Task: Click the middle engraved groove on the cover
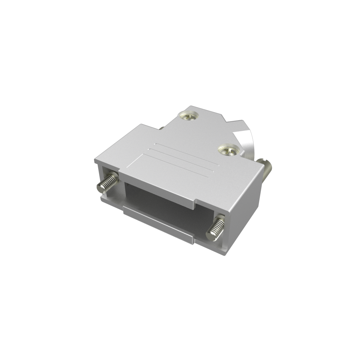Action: (181, 160)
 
